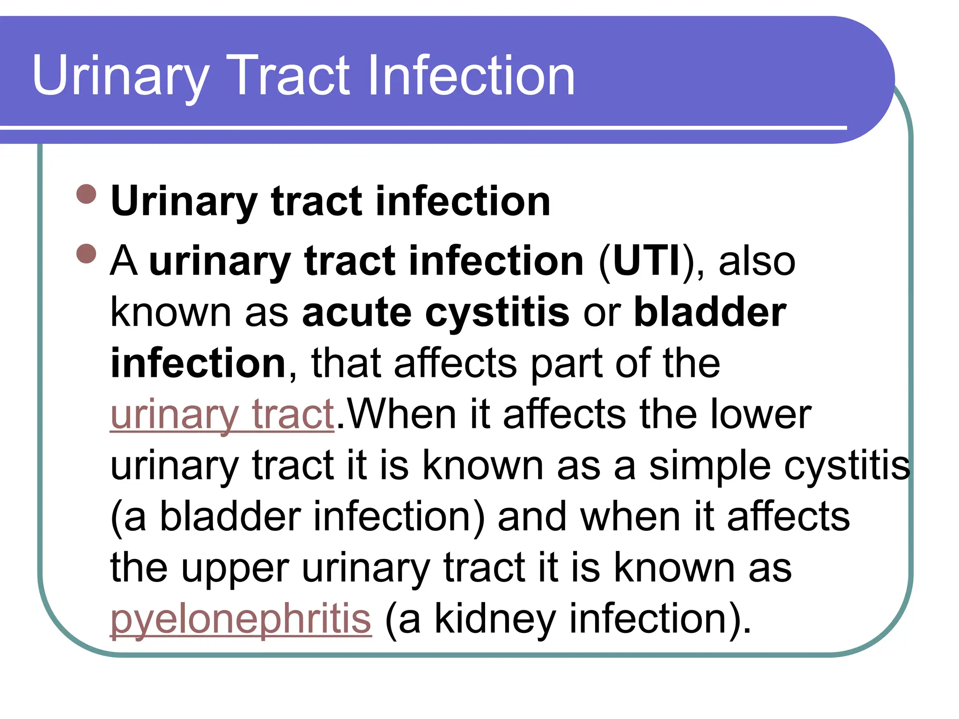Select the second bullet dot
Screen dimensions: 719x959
(x=86, y=253)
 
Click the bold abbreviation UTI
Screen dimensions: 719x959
(x=646, y=261)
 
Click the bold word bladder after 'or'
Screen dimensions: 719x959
(x=709, y=312)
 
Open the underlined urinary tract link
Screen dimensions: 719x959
(x=222, y=415)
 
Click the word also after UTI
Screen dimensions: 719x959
(x=756, y=261)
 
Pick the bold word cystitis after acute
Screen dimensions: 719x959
(x=497, y=313)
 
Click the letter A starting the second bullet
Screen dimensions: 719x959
(x=124, y=261)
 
